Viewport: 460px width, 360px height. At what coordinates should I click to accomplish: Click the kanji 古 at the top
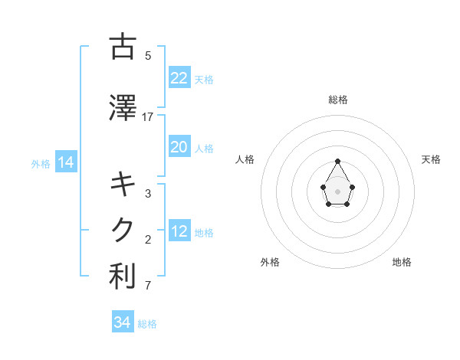[x=123, y=47]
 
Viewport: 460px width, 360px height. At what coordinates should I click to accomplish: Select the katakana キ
[x=123, y=185]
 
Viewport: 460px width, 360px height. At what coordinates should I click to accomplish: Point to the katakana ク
[x=123, y=230]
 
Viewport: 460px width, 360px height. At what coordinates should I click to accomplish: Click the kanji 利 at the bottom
[x=123, y=277]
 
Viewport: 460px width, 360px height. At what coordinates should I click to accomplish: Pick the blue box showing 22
[x=179, y=78]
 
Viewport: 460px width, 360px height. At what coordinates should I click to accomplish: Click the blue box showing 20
[x=179, y=147]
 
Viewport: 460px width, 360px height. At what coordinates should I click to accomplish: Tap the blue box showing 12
[x=179, y=231]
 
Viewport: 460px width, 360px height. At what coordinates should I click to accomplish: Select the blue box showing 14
[x=66, y=162]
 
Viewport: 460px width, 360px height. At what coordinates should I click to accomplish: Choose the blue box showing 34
[x=123, y=322]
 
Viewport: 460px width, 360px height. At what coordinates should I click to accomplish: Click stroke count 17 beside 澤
[x=148, y=117]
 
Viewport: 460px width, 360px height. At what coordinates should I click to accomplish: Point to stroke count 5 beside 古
[x=148, y=56]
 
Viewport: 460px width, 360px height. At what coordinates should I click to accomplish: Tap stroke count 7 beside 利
[x=148, y=286]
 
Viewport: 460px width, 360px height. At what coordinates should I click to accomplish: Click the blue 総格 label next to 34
[x=147, y=324]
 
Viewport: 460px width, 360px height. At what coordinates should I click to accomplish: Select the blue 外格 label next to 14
[x=41, y=163]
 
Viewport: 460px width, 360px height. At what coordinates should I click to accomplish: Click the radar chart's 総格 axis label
[x=338, y=100]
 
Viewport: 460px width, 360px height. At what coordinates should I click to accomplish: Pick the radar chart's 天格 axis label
[x=431, y=159]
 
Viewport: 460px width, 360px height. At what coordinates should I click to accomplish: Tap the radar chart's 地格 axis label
[x=402, y=262]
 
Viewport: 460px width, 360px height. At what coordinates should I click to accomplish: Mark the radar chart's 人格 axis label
[x=245, y=159]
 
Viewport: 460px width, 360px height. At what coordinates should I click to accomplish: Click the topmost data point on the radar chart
[x=338, y=162]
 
